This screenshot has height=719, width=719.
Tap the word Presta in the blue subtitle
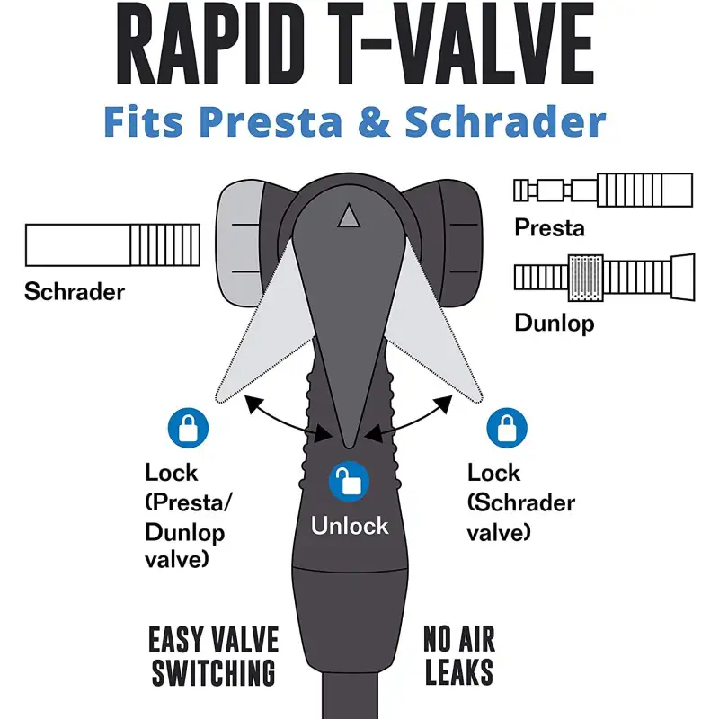click(271, 121)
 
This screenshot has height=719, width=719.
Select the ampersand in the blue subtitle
click(373, 121)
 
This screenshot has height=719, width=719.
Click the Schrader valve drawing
click(113, 244)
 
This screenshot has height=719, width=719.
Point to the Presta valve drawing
click(603, 190)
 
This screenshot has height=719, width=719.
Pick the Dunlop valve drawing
click(604, 278)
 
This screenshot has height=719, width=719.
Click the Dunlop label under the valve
click(555, 324)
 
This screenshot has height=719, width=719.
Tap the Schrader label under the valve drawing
click(75, 291)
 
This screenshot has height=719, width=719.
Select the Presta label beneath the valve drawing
click(549, 227)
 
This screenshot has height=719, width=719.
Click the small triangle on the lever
click(349, 215)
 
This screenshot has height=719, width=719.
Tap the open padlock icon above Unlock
click(349, 482)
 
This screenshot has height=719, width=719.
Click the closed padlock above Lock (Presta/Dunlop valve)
click(188, 428)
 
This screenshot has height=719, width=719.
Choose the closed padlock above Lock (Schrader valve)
click(507, 428)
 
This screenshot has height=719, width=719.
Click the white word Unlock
click(350, 526)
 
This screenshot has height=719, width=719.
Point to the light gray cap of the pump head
click(239, 243)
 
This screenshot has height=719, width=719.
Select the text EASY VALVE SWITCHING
click(214, 656)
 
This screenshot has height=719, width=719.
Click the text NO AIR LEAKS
click(459, 655)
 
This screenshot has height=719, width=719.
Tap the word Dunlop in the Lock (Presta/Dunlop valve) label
click(185, 533)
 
